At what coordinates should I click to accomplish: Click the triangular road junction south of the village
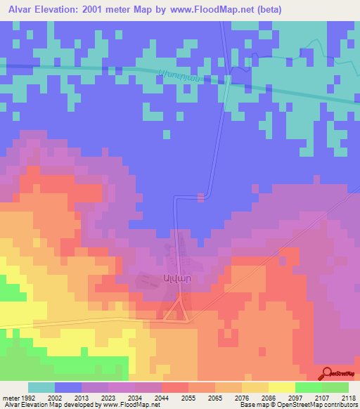tap(176, 313)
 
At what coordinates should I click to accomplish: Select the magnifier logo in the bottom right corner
tap(326, 372)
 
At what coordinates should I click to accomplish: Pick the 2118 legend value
tap(348, 398)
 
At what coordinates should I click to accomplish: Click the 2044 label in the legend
tap(161, 398)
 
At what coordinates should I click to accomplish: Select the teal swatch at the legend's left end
tap(41, 387)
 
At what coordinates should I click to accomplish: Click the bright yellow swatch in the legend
tap(281, 387)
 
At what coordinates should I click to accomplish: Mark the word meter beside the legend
tap(8, 398)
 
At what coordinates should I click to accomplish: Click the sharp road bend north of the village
tap(205, 195)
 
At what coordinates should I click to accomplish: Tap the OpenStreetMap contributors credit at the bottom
tap(310, 405)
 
